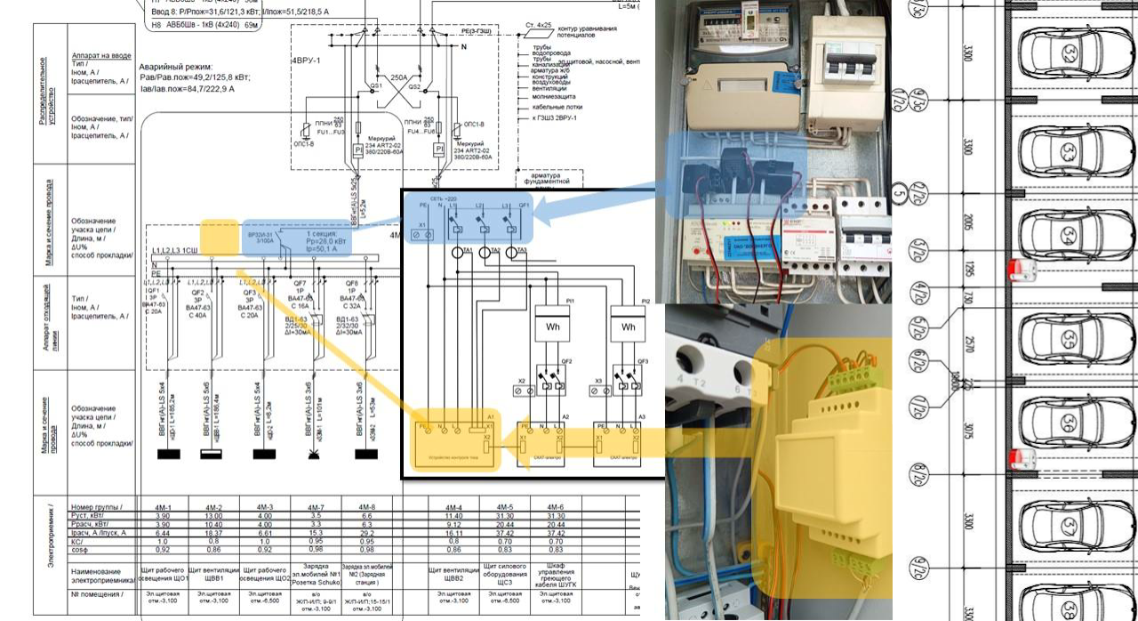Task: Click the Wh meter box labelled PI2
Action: coord(629,327)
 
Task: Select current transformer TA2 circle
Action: coord(485,253)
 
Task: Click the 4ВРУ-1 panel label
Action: coord(309,60)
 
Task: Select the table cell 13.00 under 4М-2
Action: coord(213,516)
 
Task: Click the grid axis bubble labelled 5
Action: coord(899,194)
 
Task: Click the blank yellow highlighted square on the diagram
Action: coord(218,238)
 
